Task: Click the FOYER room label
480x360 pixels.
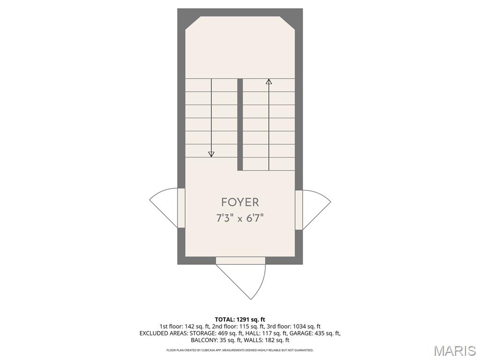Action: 240,202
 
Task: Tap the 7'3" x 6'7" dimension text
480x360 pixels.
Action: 240,218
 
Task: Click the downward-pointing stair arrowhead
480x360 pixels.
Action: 211,154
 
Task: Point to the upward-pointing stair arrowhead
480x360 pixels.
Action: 269,82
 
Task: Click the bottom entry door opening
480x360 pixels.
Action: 240,261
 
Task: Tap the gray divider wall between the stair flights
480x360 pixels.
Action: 240,124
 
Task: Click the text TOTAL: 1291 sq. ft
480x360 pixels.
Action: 240,320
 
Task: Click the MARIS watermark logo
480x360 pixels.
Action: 455,351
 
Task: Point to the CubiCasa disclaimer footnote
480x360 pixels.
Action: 240,350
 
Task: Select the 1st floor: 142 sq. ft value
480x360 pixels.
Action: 184,327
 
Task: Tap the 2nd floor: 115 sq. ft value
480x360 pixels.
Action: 238,327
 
